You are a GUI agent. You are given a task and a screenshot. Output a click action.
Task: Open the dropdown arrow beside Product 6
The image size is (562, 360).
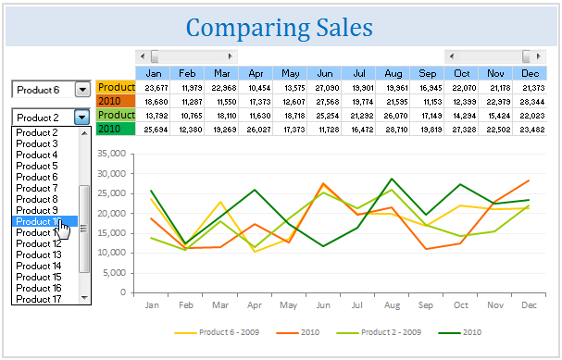click(81, 90)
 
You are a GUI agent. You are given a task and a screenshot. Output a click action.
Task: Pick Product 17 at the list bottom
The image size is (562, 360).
click(38, 299)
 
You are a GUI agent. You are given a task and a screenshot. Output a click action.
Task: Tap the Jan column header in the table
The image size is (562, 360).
click(154, 73)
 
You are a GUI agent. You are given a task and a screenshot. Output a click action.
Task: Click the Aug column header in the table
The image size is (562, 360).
click(392, 73)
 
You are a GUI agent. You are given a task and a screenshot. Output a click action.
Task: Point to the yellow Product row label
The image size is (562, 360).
click(116, 87)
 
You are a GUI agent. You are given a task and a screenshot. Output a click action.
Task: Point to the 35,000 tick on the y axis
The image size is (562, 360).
click(108, 147)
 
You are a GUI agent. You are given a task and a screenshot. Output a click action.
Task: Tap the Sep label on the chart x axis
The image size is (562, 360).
click(425, 304)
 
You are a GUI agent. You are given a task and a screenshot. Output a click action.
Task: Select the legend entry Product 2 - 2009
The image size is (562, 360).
click(390, 331)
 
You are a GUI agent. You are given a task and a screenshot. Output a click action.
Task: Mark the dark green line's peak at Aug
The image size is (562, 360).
click(392, 179)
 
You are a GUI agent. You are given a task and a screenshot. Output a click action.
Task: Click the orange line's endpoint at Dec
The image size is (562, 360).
click(529, 180)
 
